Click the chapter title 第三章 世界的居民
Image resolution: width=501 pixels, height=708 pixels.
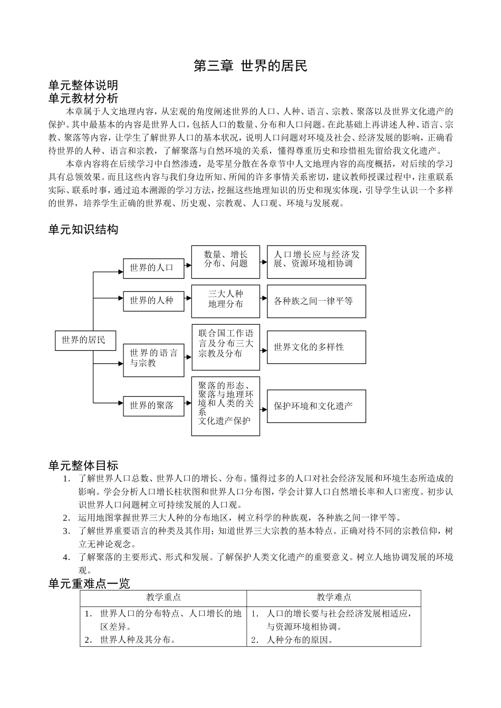(x=250, y=66)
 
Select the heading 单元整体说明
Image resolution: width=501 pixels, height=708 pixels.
(x=83, y=85)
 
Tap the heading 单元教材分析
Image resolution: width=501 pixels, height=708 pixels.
(x=83, y=98)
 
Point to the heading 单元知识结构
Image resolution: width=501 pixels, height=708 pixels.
(x=83, y=229)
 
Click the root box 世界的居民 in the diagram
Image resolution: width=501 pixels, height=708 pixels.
(x=85, y=340)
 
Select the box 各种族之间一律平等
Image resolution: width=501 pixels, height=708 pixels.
(x=316, y=301)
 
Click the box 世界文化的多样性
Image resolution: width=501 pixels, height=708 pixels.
(x=316, y=347)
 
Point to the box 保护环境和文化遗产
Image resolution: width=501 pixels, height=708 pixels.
(x=316, y=406)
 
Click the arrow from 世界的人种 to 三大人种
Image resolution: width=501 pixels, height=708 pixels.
(x=188, y=301)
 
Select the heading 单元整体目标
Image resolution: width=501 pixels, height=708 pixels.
(x=83, y=465)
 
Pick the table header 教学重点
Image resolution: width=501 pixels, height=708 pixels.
(x=163, y=597)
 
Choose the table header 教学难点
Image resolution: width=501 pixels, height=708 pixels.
(x=334, y=597)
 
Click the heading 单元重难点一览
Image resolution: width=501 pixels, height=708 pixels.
(x=89, y=583)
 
